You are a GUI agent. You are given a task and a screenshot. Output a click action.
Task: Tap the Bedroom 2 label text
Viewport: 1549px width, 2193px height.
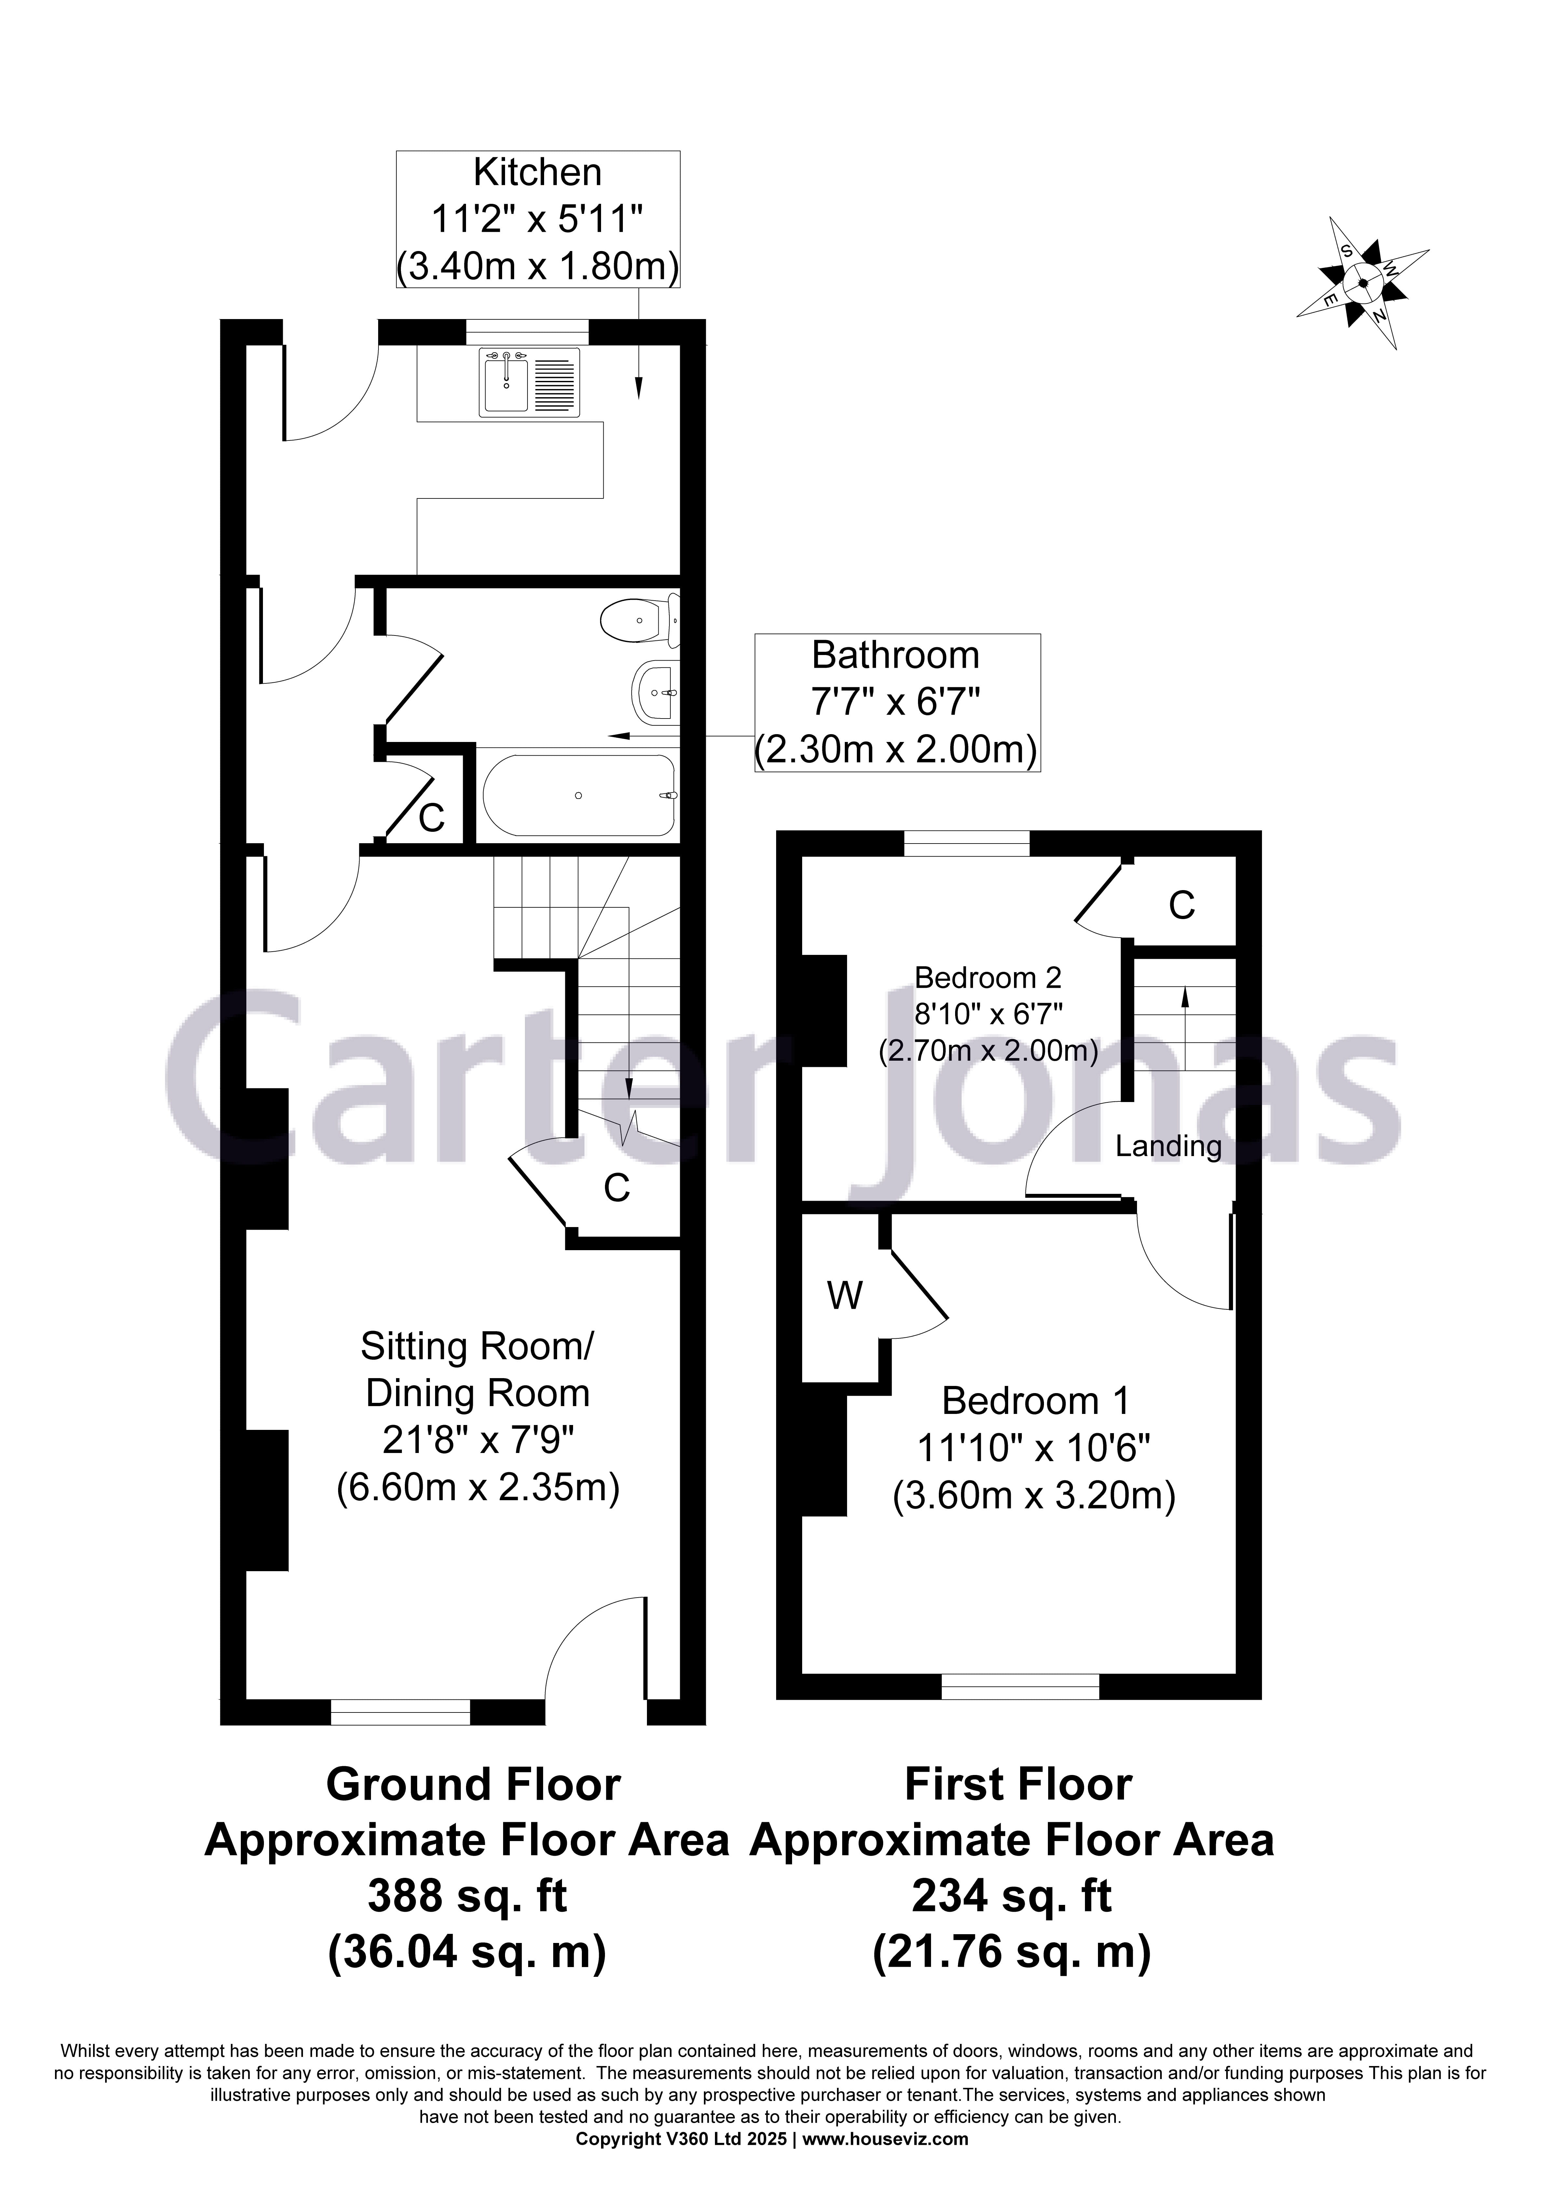pos(987,978)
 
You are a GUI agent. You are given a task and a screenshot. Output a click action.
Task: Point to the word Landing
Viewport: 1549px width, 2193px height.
pos(1168,1146)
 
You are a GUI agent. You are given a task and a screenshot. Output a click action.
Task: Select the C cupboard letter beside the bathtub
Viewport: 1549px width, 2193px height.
pos(432,817)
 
